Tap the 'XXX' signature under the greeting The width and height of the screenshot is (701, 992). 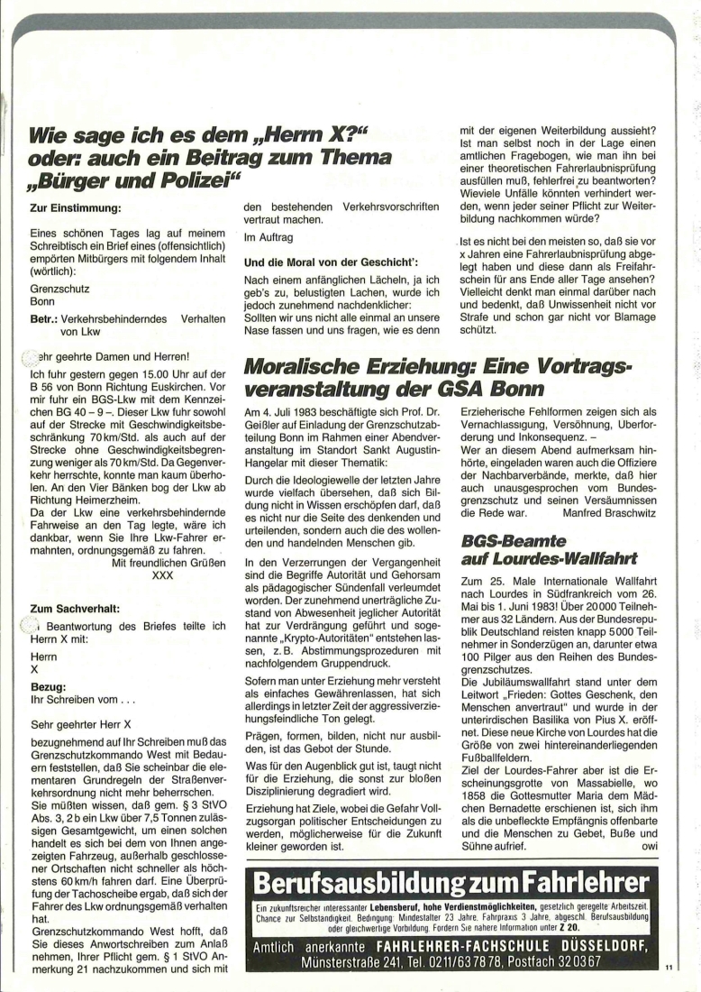point(162,574)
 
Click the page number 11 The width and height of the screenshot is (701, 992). point(668,968)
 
